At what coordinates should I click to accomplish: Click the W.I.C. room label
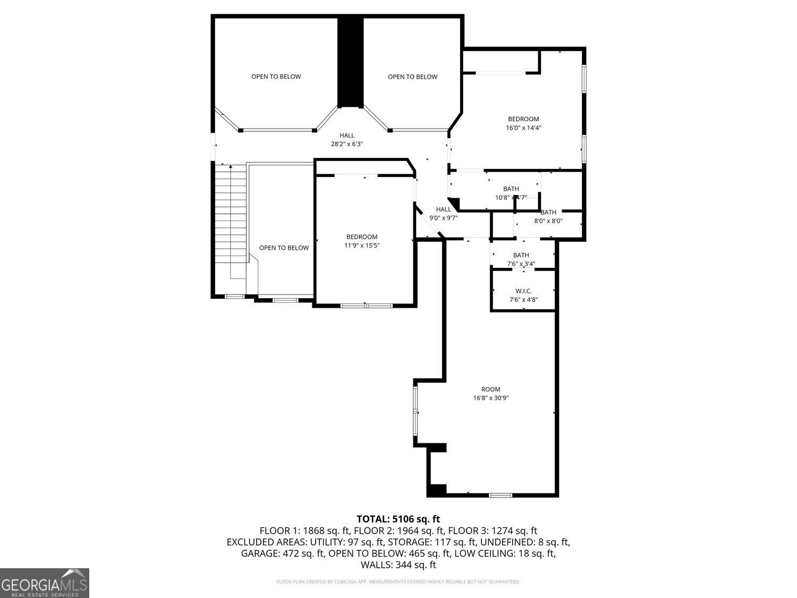point(523,291)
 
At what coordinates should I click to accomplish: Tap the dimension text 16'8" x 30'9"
point(491,398)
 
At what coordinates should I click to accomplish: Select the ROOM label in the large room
point(491,389)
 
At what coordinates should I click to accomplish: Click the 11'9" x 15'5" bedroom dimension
point(362,245)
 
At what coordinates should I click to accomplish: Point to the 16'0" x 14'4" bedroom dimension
point(523,128)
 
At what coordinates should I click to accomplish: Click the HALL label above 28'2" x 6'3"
point(347,136)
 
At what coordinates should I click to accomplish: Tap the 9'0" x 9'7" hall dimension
point(444,217)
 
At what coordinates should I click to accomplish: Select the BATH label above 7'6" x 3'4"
point(521,255)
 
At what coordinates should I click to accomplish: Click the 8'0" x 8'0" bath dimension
point(548,221)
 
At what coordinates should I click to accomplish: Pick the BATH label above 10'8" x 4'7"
point(511,189)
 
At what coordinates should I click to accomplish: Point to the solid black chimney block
point(350,61)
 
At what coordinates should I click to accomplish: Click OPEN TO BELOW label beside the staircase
point(284,248)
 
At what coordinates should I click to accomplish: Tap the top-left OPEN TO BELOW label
point(276,77)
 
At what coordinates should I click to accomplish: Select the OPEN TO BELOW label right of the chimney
point(412,77)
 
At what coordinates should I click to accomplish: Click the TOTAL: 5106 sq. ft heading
point(398,519)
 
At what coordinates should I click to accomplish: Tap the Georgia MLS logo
point(45,583)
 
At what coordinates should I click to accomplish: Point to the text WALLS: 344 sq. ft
point(398,565)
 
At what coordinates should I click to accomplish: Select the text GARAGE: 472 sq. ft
point(283,553)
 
